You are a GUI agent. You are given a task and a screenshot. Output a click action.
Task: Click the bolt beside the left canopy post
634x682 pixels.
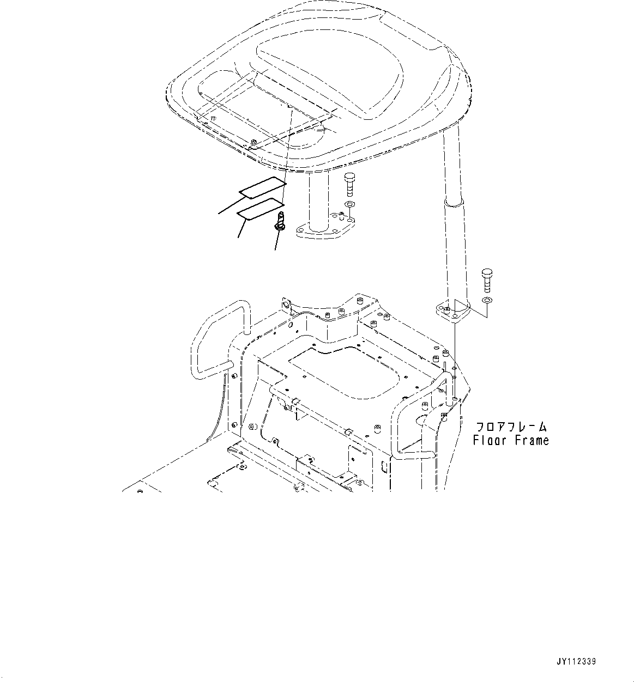tap(349, 185)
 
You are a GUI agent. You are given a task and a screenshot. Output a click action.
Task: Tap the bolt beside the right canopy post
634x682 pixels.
tap(487, 281)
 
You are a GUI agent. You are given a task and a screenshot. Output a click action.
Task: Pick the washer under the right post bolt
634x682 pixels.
tap(487, 301)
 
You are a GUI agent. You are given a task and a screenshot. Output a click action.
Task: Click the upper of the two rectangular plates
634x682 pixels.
tap(263, 187)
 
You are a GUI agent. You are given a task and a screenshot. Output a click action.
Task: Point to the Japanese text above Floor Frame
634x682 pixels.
tap(511, 427)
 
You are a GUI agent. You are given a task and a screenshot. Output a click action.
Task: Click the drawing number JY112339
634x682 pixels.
tap(576, 662)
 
